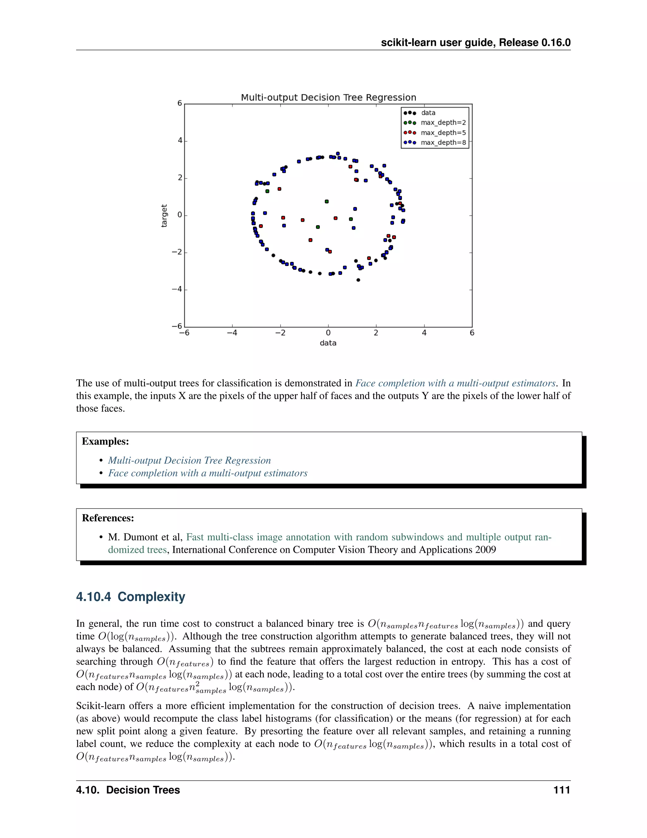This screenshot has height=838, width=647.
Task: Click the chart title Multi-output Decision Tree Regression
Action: point(329,97)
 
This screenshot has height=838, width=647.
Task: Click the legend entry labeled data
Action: point(428,113)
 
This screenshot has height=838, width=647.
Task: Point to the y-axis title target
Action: point(164,216)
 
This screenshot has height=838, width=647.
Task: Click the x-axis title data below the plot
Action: point(328,343)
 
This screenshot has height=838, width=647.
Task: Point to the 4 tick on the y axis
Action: point(180,140)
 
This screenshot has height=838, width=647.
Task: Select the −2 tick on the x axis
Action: point(280,333)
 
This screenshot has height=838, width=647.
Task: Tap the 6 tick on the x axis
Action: point(472,333)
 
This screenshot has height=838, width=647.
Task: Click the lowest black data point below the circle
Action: point(358,280)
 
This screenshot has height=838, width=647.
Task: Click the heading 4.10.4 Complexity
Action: point(130,597)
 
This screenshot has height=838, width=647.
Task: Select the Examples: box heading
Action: point(106,441)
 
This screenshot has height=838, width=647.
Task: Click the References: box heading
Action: point(108,518)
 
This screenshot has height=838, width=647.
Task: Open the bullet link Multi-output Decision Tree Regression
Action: point(189,460)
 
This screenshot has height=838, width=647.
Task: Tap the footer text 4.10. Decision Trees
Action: point(128,790)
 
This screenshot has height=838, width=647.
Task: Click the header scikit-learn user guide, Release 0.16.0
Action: point(476,43)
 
